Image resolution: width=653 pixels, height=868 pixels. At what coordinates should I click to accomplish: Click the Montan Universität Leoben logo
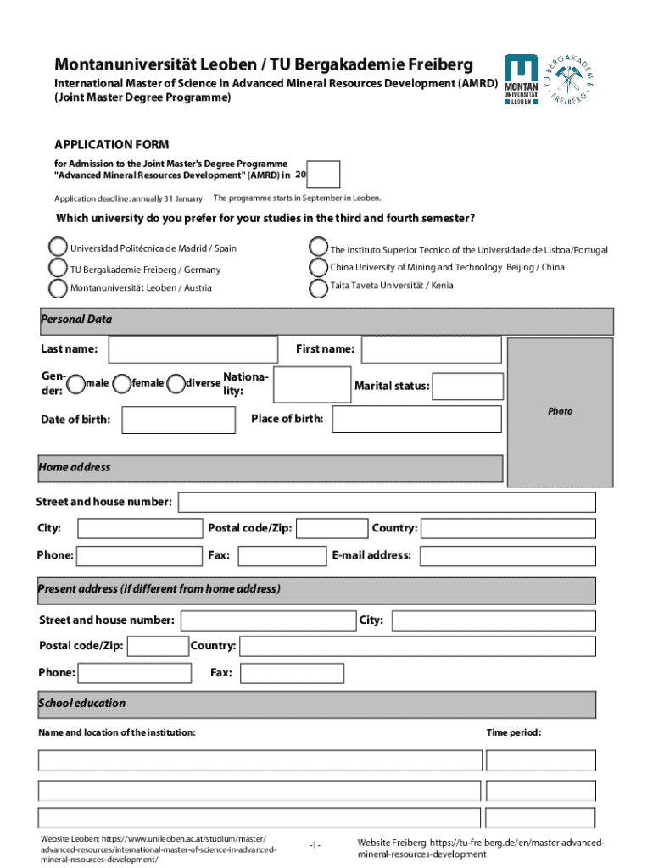[x=521, y=81]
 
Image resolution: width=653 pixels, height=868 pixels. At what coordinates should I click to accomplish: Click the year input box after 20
[x=323, y=175]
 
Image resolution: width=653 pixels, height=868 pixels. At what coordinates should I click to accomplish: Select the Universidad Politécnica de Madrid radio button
[x=58, y=248]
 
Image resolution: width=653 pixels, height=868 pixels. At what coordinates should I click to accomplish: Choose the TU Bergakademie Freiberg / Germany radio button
[x=58, y=269]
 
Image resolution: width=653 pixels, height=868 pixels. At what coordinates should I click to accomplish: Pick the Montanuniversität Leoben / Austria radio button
[x=58, y=288]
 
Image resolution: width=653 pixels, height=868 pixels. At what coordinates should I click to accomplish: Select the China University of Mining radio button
[x=319, y=268]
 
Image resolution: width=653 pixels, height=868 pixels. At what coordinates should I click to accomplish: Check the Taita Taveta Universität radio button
[x=319, y=287]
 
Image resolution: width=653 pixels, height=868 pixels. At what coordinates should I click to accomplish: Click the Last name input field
[x=193, y=349]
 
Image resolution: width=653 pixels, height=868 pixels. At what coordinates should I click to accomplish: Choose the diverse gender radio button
[x=176, y=384]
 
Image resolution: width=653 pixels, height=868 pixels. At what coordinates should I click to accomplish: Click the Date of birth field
[x=178, y=420]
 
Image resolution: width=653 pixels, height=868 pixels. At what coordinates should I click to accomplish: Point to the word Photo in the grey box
[x=560, y=411]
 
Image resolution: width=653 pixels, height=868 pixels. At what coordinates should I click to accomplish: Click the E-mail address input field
[x=507, y=556]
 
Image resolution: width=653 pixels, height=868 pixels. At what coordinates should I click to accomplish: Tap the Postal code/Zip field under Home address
[x=332, y=529]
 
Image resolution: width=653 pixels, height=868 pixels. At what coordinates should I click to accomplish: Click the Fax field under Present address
[x=292, y=673]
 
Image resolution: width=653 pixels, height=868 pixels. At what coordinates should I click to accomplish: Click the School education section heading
[x=82, y=703]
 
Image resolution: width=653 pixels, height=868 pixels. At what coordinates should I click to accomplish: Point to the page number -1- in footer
[x=315, y=846]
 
